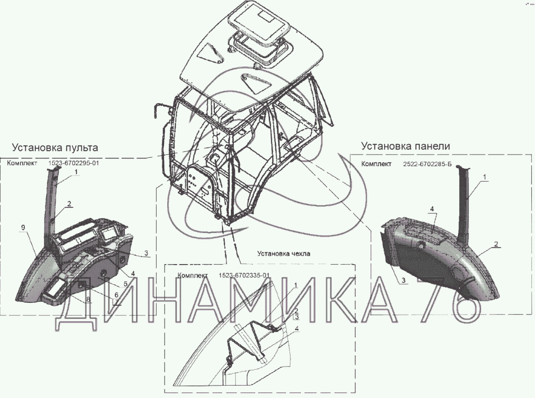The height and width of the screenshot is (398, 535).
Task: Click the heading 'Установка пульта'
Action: click(x=55, y=148)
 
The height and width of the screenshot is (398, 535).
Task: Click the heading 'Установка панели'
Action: click(x=406, y=146)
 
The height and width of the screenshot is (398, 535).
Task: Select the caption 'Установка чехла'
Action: click(x=283, y=254)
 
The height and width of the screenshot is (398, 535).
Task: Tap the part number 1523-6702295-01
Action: click(x=74, y=163)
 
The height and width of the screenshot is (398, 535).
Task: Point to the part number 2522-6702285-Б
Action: click(x=427, y=164)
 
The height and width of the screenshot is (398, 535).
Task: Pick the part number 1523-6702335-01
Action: click(x=244, y=275)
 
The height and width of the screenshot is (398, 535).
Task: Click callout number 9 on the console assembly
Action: click(x=23, y=228)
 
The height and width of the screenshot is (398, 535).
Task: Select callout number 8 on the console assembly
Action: click(x=88, y=299)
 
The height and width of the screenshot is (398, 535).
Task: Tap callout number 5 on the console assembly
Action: click(x=125, y=284)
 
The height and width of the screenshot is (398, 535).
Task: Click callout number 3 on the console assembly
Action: click(x=146, y=253)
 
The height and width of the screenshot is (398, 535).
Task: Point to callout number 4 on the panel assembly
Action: click(x=432, y=209)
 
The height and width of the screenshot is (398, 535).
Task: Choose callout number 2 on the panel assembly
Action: click(x=496, y=244)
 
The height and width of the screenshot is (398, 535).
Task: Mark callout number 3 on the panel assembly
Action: click(x=404, y=280)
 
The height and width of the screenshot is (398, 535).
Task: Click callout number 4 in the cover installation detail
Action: click(x=297, y=328)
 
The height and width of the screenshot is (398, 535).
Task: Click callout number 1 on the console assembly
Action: click(x=76, y=172)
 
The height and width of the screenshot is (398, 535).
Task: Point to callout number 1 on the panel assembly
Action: click(x=484, y=177)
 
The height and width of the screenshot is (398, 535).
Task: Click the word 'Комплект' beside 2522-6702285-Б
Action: click(x=376, y=164)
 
